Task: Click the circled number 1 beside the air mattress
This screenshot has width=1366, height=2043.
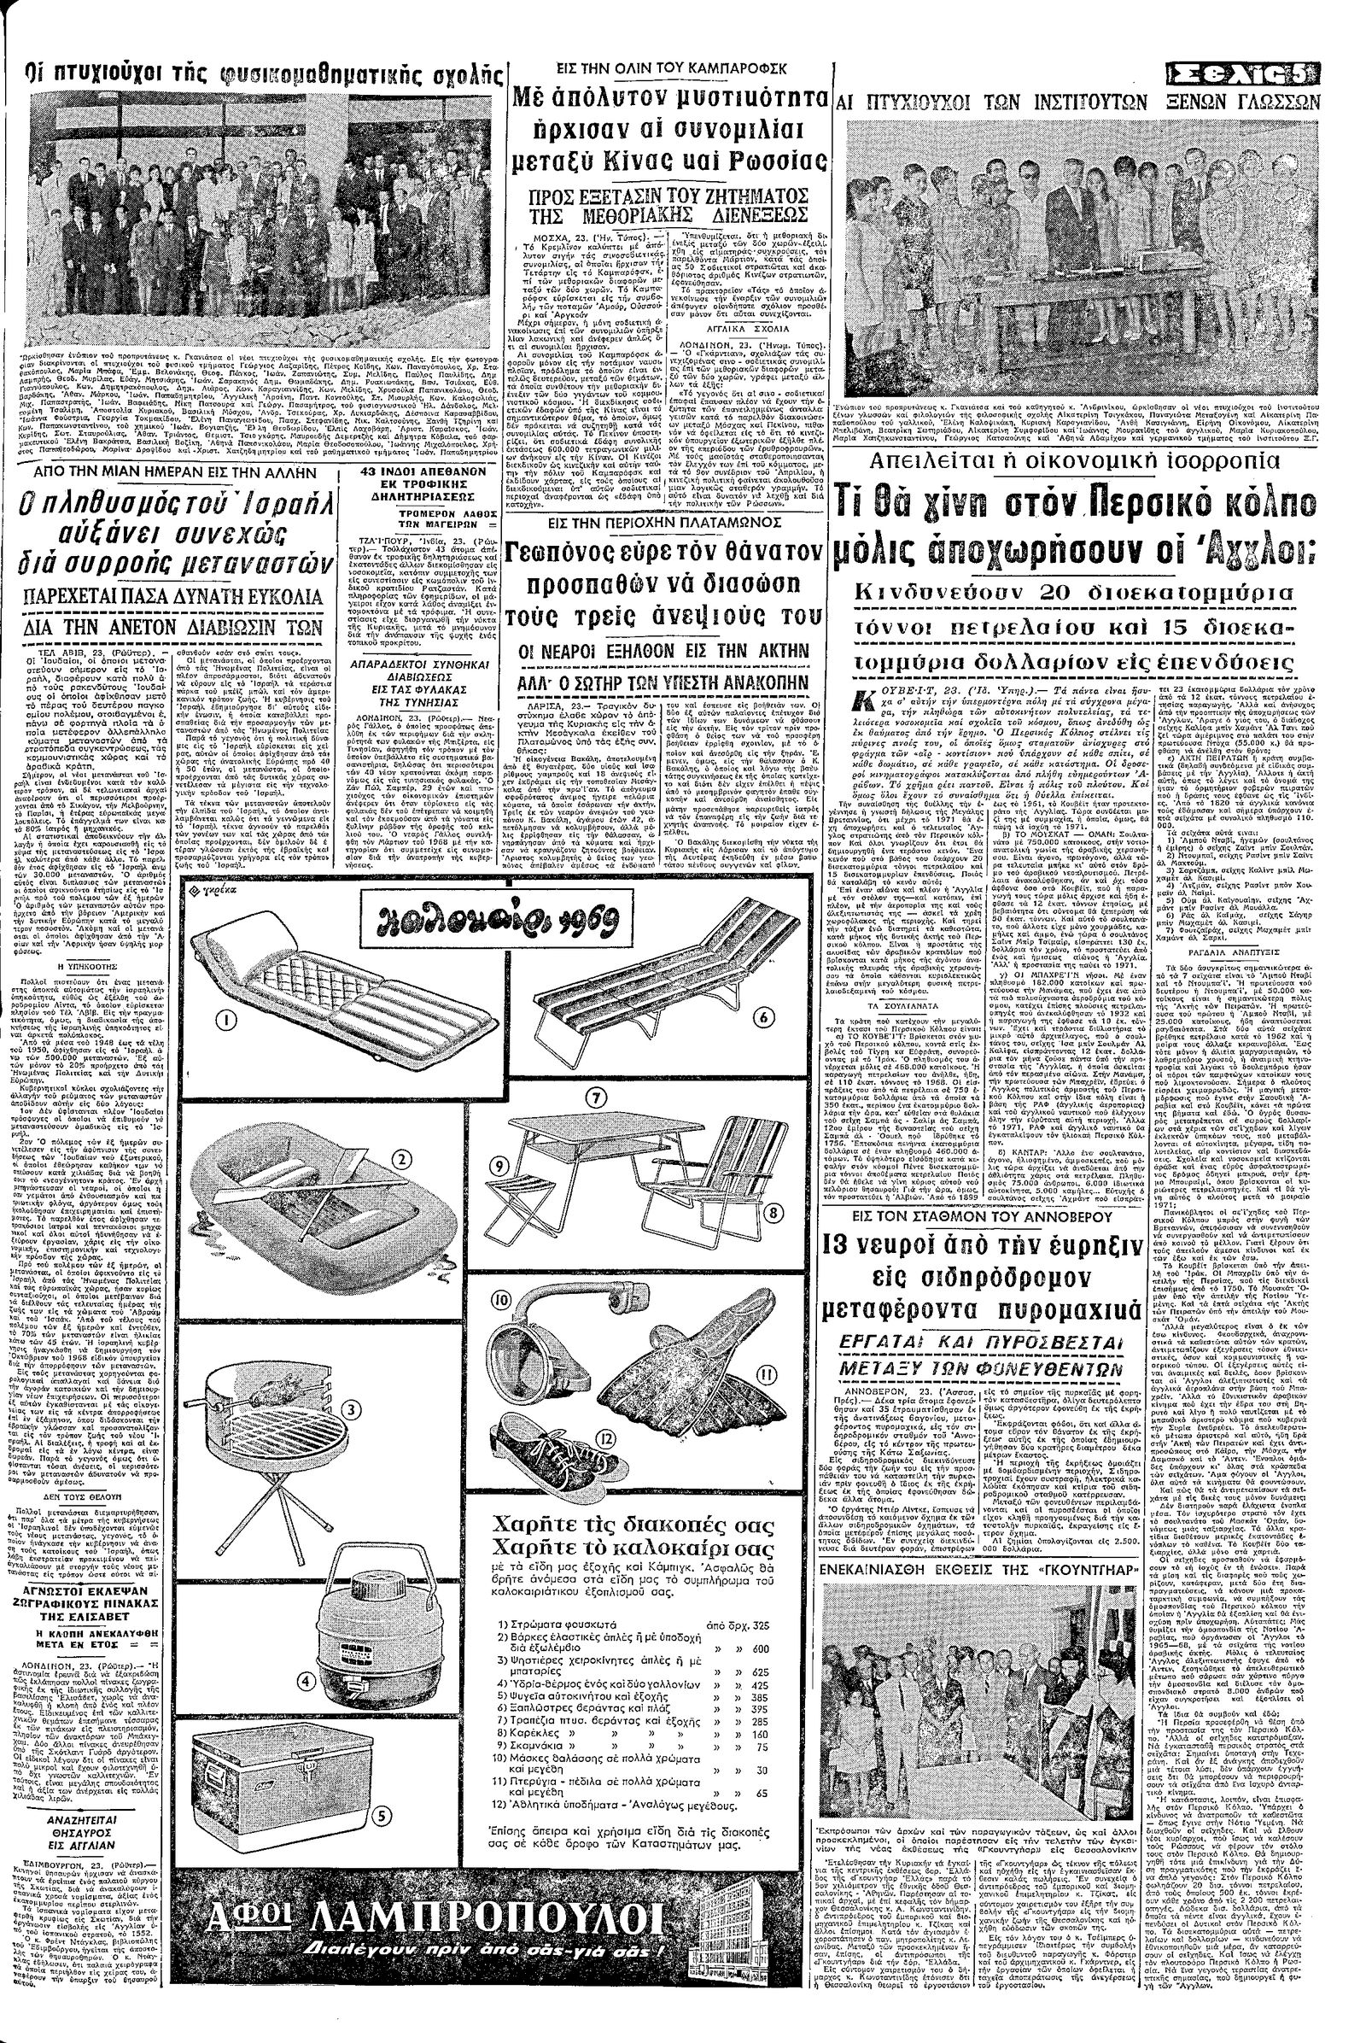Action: [225, 1017]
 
